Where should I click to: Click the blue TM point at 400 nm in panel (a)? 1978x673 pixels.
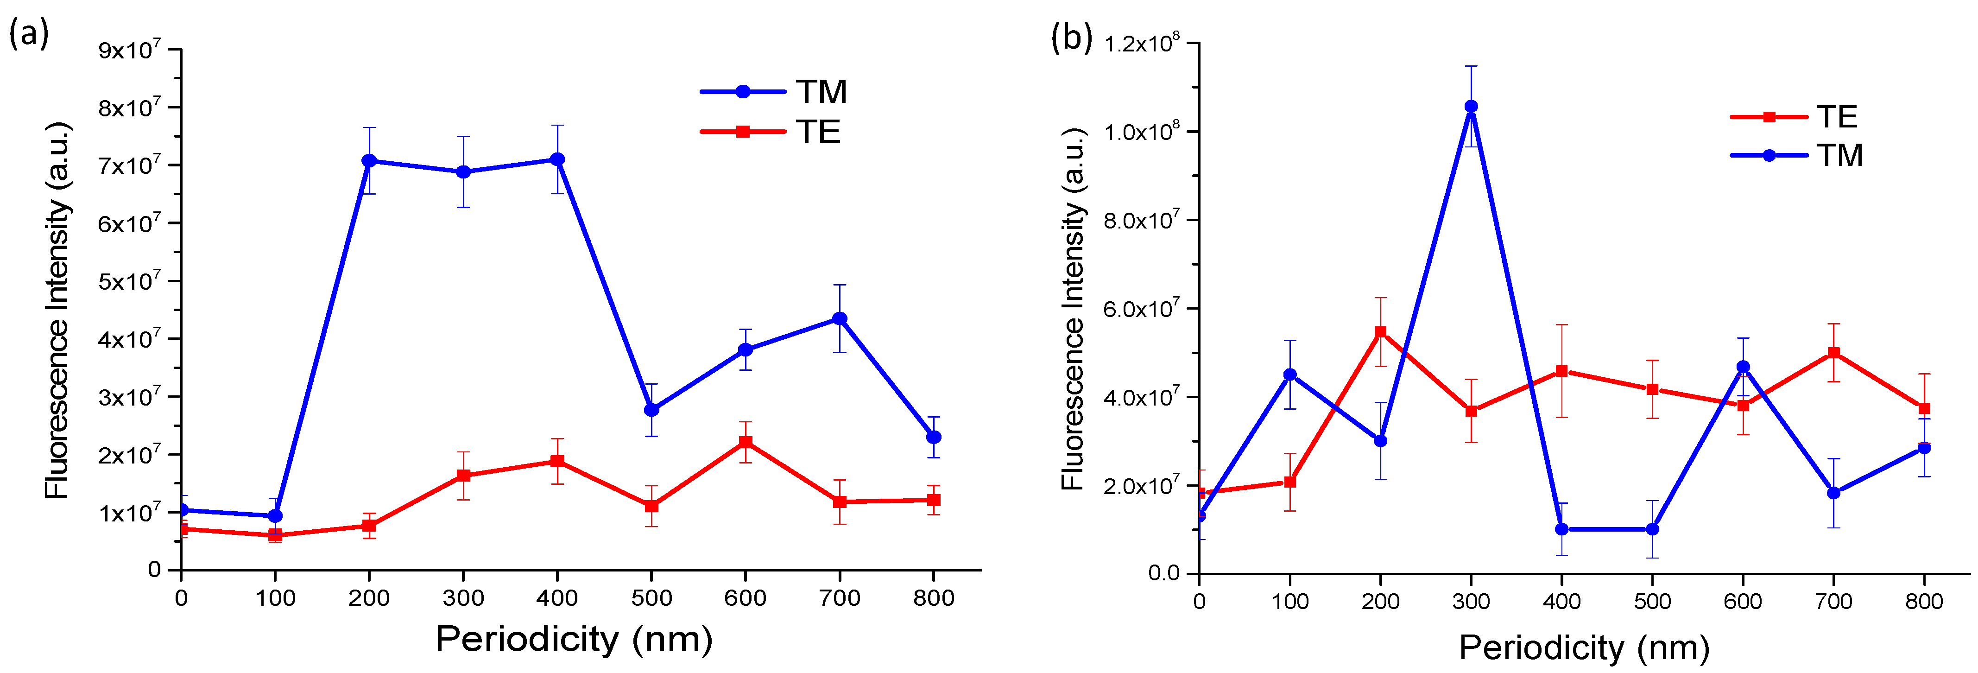click(x=557, y=159)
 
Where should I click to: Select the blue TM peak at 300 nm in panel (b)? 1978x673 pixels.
click(x=1471, y=107)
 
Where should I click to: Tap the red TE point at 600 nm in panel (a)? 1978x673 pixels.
click(x=746, y=443)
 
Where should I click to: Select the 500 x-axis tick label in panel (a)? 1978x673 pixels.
click(x=651, y=598)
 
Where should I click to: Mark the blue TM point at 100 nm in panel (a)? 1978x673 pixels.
click(x=275, y=515)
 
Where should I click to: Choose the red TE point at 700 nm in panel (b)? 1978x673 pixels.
click(x=1833, y=353)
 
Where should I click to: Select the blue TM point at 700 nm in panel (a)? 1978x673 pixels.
click(x=840, y=319)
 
